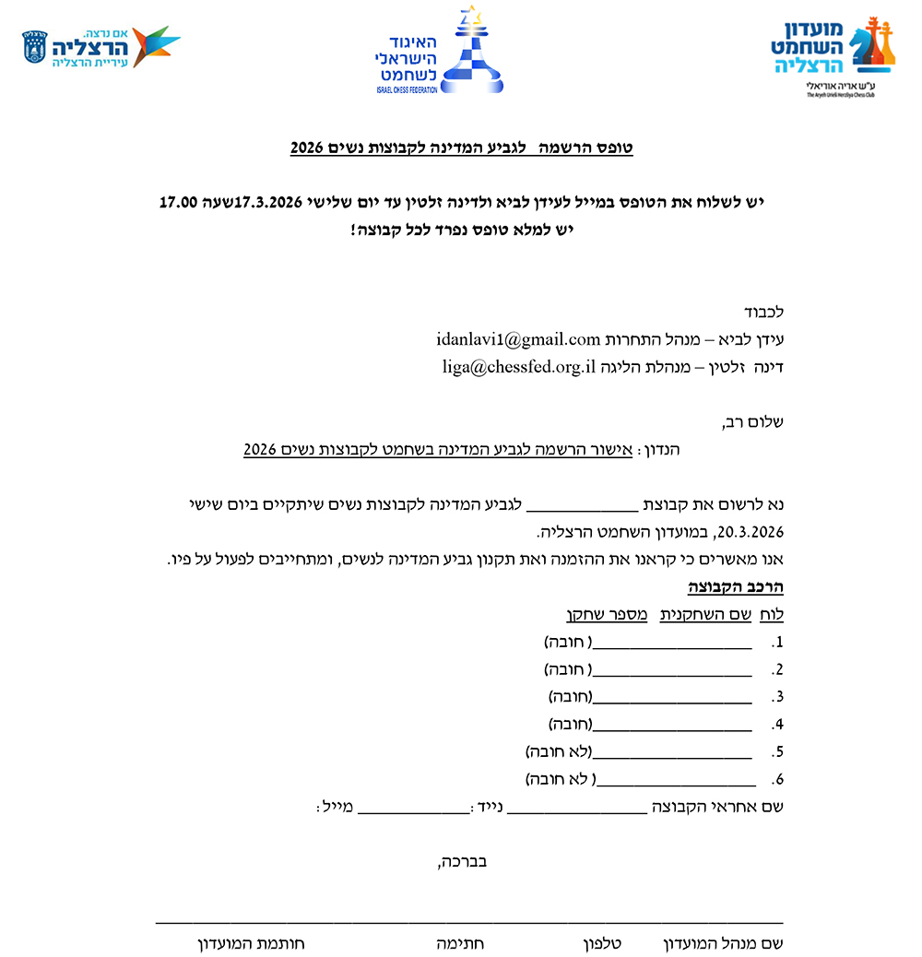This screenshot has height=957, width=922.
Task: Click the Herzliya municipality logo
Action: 100,47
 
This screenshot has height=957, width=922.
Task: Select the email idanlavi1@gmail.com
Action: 518,339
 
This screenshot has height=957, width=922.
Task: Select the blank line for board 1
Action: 672,643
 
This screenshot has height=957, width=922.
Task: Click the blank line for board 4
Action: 672,723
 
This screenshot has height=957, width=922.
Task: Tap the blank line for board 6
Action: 676,779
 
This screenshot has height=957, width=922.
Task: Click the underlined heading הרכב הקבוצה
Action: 736,587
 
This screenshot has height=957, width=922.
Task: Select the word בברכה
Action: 462,862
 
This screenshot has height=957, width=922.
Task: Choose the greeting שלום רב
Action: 753,423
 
